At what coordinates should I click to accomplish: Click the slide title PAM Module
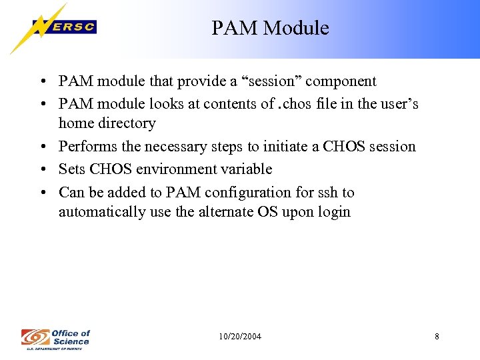pos(270,28)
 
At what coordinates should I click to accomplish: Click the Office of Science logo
pos(55,337)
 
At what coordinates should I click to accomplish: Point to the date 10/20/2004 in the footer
pos(240,337)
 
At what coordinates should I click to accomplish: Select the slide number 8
pos(437,337)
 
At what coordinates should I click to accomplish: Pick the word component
pos(341,81)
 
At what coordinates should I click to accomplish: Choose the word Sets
pos(71,169)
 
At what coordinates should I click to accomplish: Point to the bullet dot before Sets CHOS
pos(42,170)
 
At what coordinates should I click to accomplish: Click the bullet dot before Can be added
pos(42,193)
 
